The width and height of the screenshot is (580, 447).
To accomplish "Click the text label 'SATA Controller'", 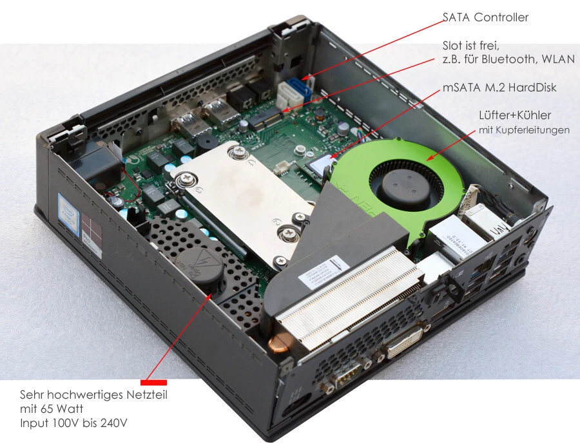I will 485,17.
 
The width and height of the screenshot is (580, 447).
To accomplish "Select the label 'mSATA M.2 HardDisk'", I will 499,88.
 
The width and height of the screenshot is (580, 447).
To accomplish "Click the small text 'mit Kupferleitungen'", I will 523,131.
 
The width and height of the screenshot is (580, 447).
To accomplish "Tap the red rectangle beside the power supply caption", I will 153,383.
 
